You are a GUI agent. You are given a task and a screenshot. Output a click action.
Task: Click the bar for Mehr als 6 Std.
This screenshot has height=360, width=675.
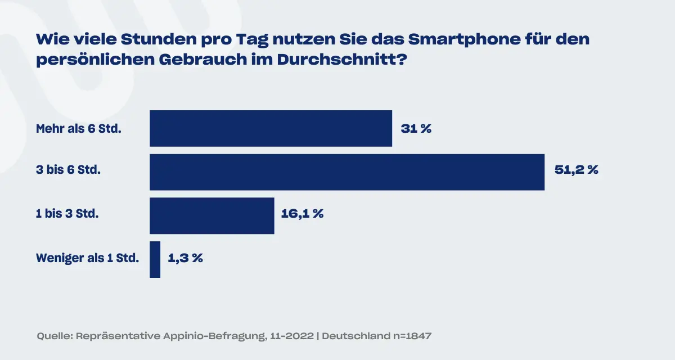tap(271, 128)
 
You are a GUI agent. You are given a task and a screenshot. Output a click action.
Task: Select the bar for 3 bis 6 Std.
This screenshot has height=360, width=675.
tap(347, 172)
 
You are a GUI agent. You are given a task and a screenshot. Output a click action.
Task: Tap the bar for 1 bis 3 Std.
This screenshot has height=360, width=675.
tap(211, 215)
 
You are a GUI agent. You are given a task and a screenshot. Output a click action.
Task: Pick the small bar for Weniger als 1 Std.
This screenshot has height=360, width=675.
tap(155, 259)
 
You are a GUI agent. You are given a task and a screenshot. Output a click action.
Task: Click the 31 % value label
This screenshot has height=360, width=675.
tap(416, 129)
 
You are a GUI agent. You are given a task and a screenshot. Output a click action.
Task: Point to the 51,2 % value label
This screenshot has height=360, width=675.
tap(576, 170)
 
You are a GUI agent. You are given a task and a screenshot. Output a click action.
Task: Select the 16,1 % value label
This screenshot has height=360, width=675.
tap(301, 214)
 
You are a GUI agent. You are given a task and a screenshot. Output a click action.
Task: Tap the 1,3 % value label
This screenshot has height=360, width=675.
tap(185, 258)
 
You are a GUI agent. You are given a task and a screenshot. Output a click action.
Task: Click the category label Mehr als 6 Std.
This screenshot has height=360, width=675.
tap(79, 129)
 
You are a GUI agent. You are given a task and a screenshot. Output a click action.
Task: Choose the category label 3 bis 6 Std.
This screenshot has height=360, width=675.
tap(68, 170)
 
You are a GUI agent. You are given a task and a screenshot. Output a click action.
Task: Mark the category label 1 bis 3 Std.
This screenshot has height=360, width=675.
tap(67, 214)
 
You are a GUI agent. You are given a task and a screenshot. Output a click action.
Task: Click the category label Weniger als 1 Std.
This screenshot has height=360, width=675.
tap(87, 258)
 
